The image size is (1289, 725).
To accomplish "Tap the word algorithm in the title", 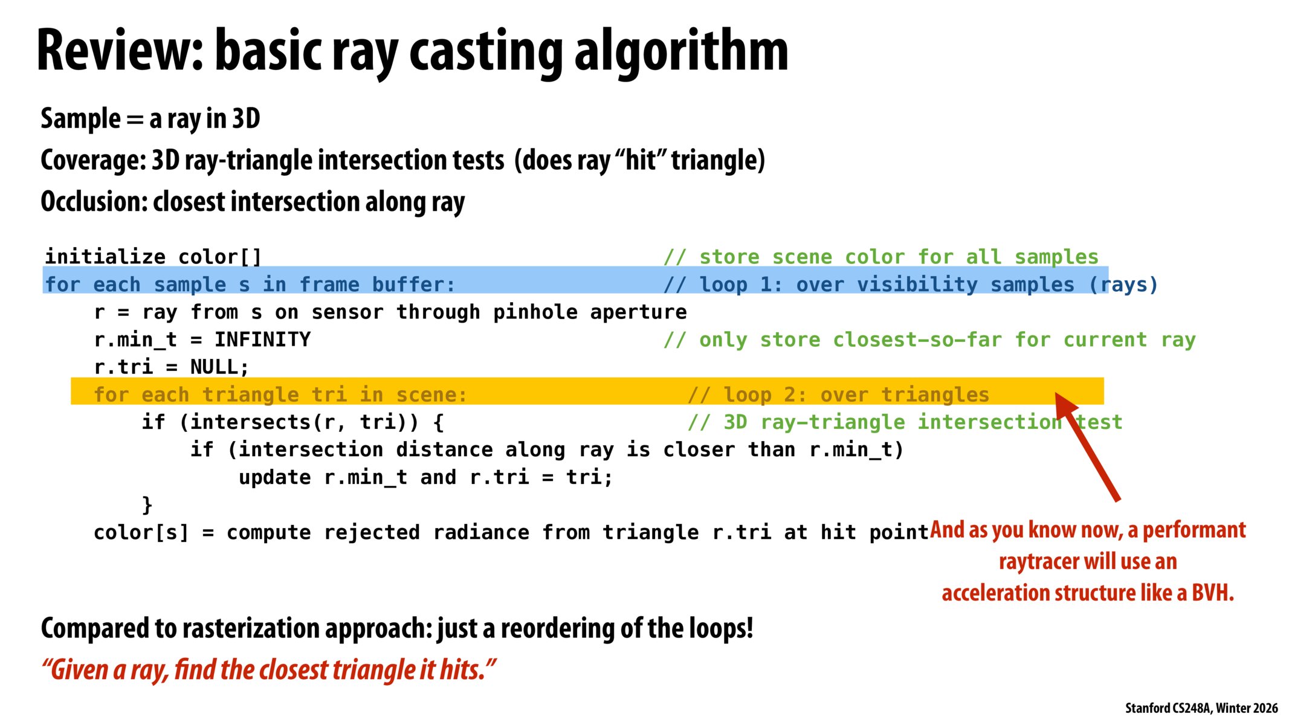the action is tap(681, 53).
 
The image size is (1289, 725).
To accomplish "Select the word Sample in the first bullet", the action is tap(80, 119).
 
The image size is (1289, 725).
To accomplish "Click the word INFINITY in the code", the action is tap(263, 340).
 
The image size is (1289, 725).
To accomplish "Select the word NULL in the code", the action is tap(214, 367).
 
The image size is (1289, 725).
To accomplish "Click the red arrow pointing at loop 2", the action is tap(1087, 446).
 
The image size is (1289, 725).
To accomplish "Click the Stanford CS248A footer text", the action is tap(1201, 708).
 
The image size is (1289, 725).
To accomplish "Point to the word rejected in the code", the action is tap(372, 532).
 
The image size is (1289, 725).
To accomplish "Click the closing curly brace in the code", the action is tap(147, 504).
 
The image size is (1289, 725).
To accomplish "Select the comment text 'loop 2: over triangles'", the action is tap(856, 395).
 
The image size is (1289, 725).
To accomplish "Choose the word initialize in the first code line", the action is tap(105, 257).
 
